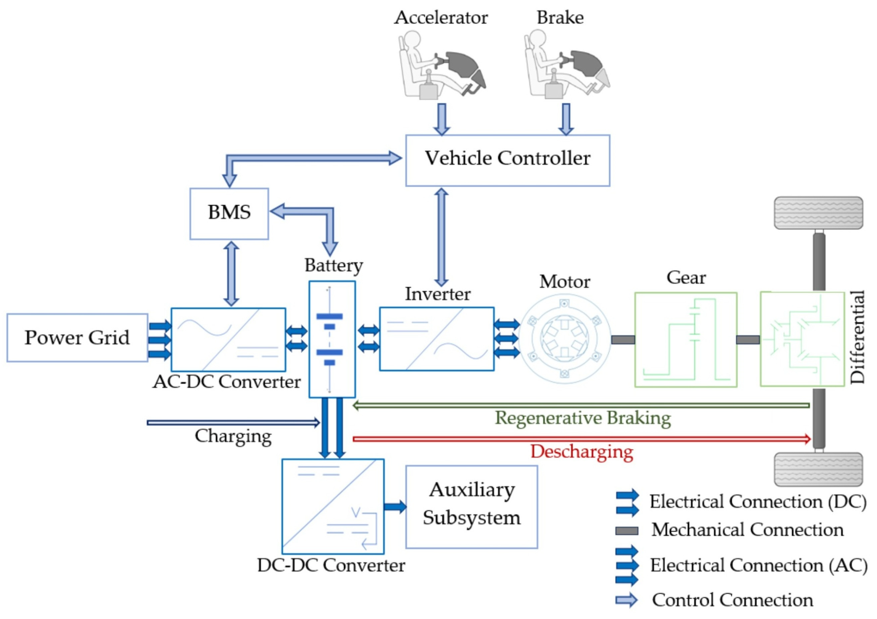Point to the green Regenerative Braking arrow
click(x=581, y=405)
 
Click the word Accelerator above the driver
click(x=441, y=17)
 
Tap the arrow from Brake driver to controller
click(x=566, y=119)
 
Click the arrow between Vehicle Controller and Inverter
click(x=442, y=237)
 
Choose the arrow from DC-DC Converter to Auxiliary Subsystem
click(x=395, y=507)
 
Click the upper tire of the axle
click(x=818, y=213)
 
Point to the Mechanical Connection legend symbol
click(x=627, y=531)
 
